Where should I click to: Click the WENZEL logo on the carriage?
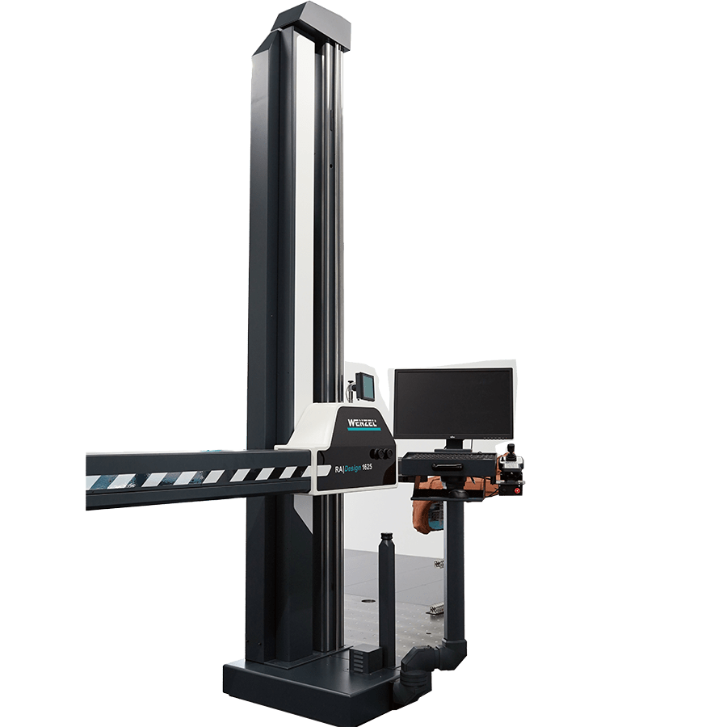click(363, 422)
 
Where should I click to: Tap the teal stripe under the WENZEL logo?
click(364, 430)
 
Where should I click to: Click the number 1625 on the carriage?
click(367, 468)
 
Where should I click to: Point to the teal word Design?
click(352, 469)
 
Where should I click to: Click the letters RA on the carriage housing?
click(338, 469)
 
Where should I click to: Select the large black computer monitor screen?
click(453, 403)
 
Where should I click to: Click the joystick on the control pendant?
click(511, 451)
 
